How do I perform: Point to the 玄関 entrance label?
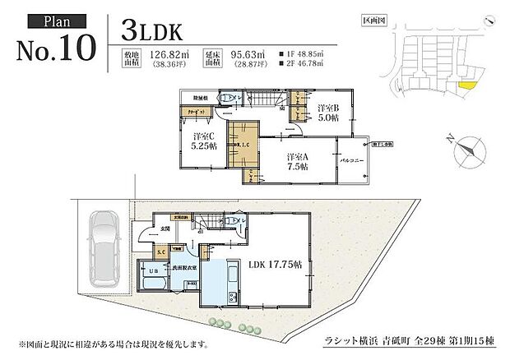click(164, 229)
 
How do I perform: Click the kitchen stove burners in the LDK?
click(233, 295)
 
